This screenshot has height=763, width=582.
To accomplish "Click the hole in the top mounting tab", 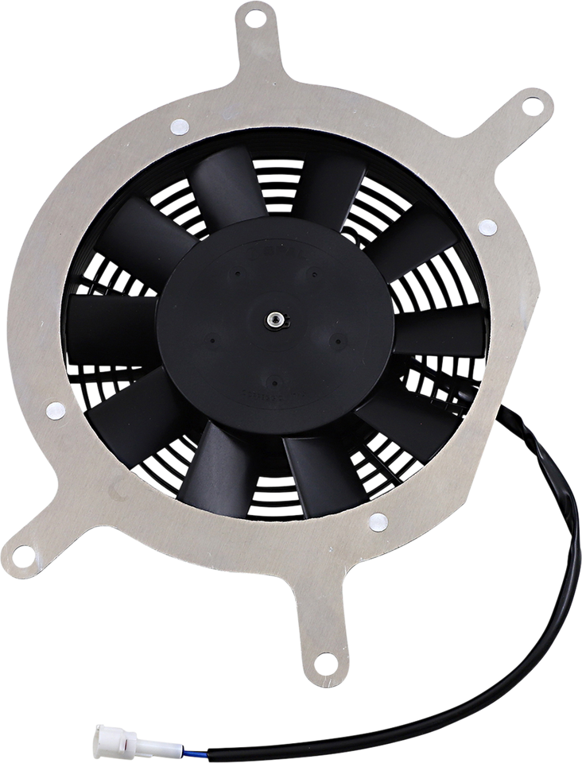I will pyautogui.click(x=254, y=15).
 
